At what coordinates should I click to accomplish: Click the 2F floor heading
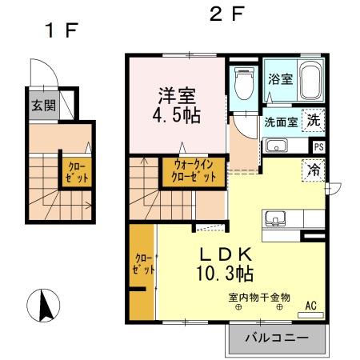tap(226, 14)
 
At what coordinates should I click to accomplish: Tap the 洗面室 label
tap(281, 122)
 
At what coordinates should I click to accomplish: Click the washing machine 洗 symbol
tap(315, 121)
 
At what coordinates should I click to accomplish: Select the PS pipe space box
tap(319, 147)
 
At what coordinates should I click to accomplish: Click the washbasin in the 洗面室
tap(277, 146)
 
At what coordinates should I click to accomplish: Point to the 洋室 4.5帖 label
tap(177, 104)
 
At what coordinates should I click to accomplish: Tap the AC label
tap(311, 306)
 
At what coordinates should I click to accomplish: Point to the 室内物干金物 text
tap(259, 298)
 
